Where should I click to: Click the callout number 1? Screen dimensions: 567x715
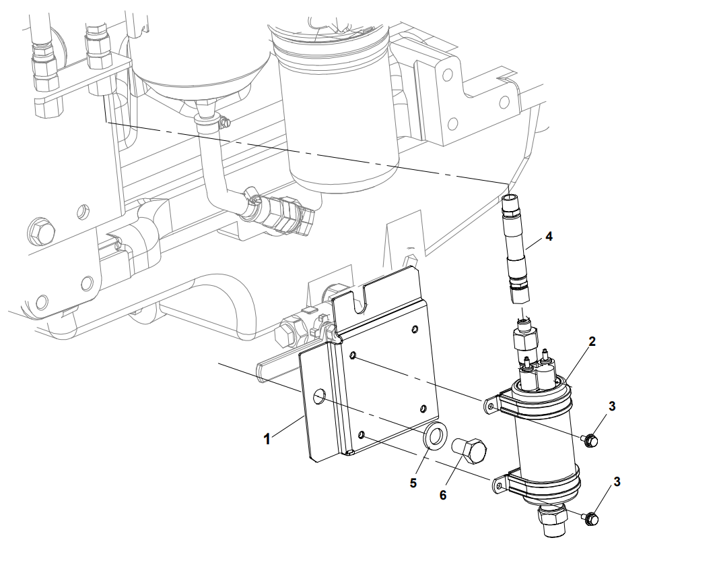pyautogui.click(x=267, y=439)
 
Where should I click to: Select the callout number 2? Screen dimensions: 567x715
pyautogui.click(x=592, y=342)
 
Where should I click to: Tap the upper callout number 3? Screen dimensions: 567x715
pyautogui.click(x=612, y=406)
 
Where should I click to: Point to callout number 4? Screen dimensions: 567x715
pyautogui.click(x=549, y=237)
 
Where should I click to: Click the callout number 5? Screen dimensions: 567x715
pyautogui.click(x=413, y=483)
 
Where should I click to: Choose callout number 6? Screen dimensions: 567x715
pyautogui.click(x=443, y=495)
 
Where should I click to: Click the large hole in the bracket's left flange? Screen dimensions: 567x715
pyautogui.click(x=318, y=398)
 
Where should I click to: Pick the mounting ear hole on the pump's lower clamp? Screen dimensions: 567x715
pyautogui.click(x=500, y=483)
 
